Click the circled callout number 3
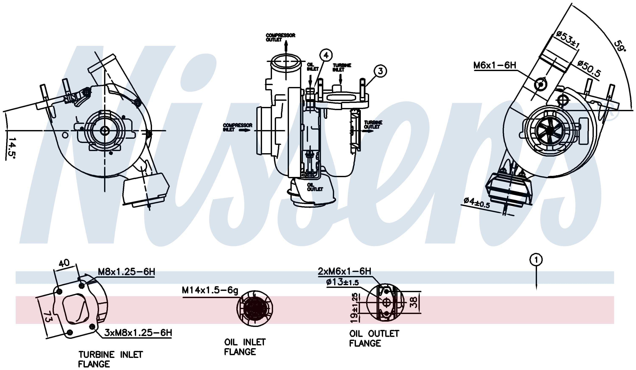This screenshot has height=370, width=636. (x=380, y=71)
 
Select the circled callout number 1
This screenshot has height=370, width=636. (x=536, y=260)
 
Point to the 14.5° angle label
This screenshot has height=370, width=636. (x=11, y=147)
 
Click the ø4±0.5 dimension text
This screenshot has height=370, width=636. (x=477, y=203)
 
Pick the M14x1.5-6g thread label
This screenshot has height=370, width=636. (x=210, y=290)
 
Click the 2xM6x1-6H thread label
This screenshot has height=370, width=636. (x=344, y=272)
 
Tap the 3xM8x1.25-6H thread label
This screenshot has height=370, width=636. (x=138, y=333)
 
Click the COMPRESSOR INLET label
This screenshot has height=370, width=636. (x=237, y=127)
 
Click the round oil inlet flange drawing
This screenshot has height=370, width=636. (x=255, y=308)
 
